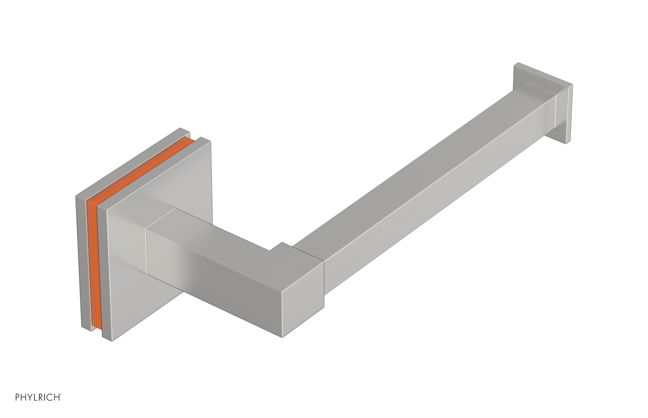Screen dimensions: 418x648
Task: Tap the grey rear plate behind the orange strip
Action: [x=80, y=263]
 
